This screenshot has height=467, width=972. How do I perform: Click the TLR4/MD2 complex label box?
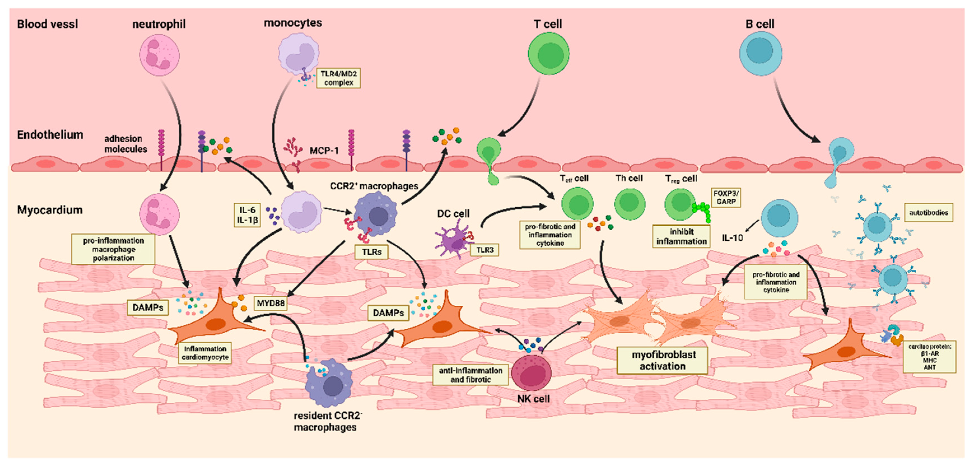(338, 78)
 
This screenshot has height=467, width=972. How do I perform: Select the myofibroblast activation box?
(662, 360)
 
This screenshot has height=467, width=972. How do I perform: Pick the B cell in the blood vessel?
(760, 53)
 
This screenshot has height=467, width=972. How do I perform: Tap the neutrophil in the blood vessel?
(159, 55)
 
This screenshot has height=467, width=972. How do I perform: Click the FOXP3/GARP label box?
(726, 197)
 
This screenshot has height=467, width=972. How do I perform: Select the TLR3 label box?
(485, 250)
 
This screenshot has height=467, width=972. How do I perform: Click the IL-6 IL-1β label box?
(247, 215)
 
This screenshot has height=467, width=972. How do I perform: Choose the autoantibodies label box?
(929, 213)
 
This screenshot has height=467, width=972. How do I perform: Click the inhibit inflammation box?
(681, 236)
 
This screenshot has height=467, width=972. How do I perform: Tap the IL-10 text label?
(732, 238)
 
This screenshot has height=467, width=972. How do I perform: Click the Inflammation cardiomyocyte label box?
(205, 353)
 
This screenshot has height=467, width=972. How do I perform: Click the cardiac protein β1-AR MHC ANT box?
(929, 356)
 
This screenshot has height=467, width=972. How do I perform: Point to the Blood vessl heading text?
(48, 24)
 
